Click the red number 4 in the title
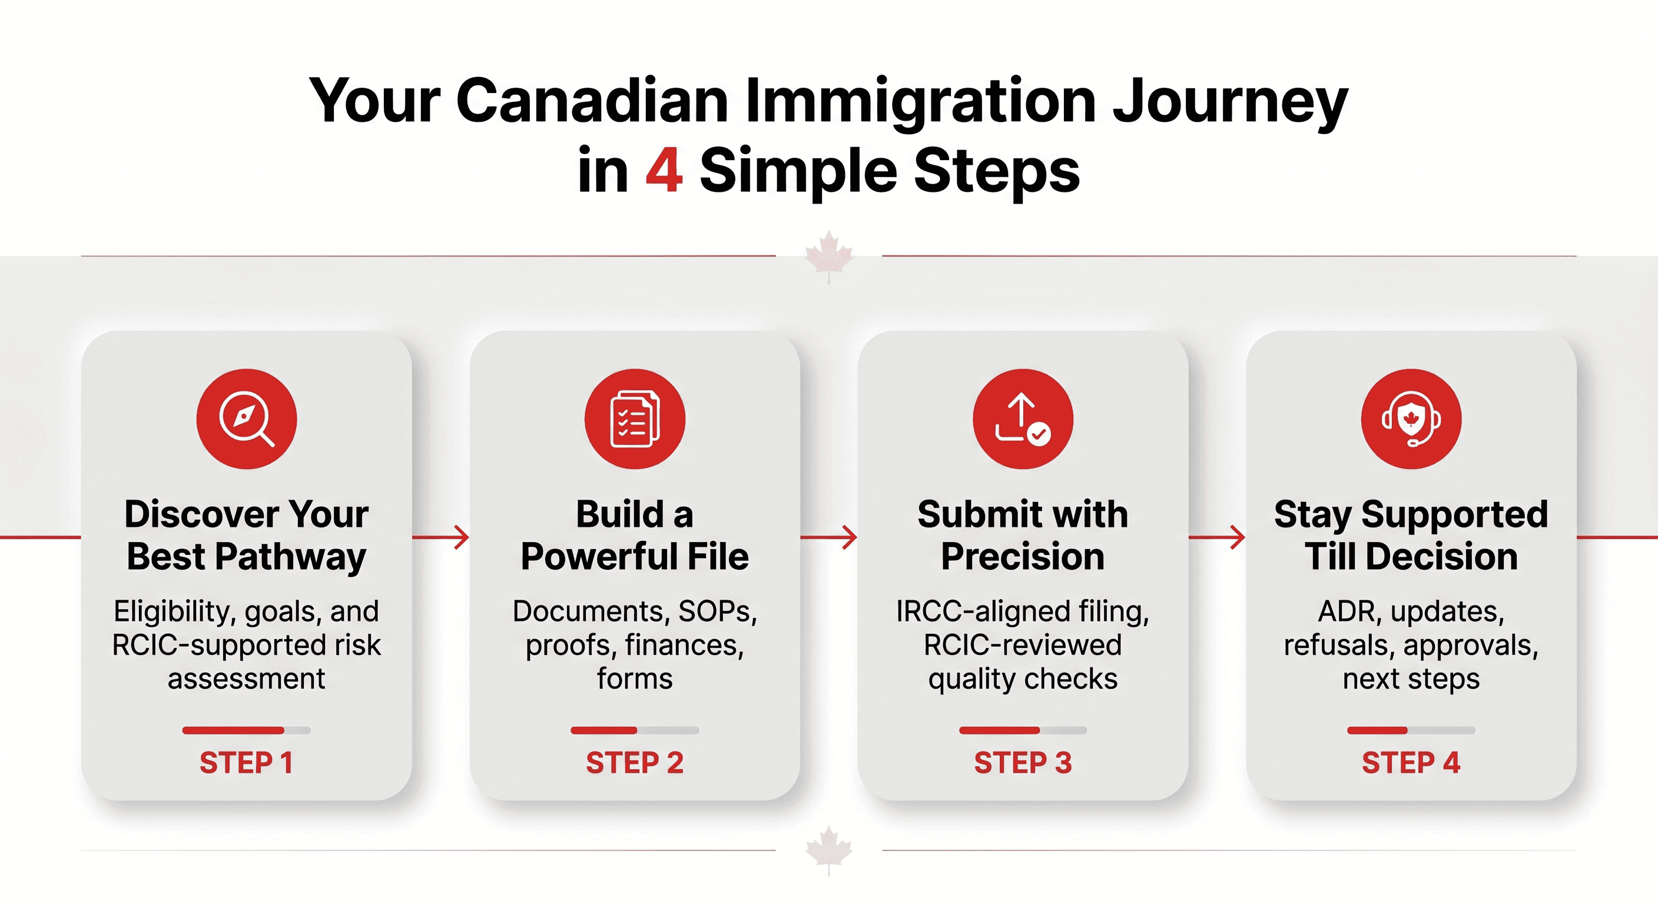coord(664,170)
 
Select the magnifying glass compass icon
coord(247,419)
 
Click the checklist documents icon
coord(635,419)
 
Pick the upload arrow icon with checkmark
coord(1023,419)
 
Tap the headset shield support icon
coord(1411,419)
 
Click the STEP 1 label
coord(247,762)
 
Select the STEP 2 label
coord(635,762)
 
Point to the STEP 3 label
coord(1023,762)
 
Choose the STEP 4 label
coord(1411,762)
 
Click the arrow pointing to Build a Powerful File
coord(441,537)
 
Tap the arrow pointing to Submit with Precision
coord(829,537)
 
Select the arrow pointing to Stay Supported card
coord(1217,537)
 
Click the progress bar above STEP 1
coord(247,730)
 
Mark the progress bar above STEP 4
coord(1411,730)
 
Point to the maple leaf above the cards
coord(829,256)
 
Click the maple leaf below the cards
coord(829,850)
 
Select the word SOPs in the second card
coord(718,611)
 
